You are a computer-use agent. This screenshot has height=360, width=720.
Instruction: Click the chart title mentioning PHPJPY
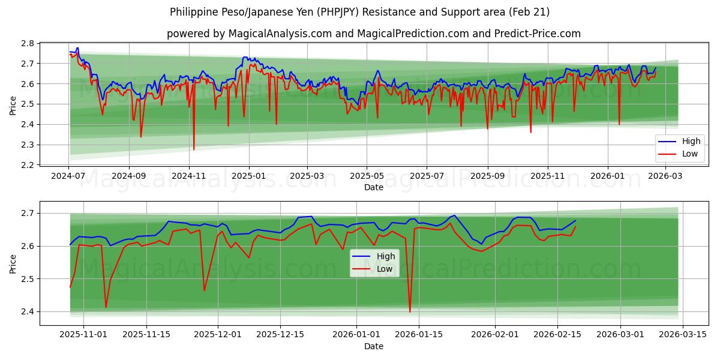359,12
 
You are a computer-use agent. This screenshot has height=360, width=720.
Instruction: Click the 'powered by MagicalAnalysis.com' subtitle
373,34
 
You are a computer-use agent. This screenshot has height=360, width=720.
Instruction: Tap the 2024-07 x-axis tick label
68,176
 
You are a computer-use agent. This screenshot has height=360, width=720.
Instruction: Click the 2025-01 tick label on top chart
248,176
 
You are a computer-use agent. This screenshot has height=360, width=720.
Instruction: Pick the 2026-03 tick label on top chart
665,176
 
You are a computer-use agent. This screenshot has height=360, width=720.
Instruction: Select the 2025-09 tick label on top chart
487,176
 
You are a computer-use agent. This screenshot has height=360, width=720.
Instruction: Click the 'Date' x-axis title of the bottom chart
373,346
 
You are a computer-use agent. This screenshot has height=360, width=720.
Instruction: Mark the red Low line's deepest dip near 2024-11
194,149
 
